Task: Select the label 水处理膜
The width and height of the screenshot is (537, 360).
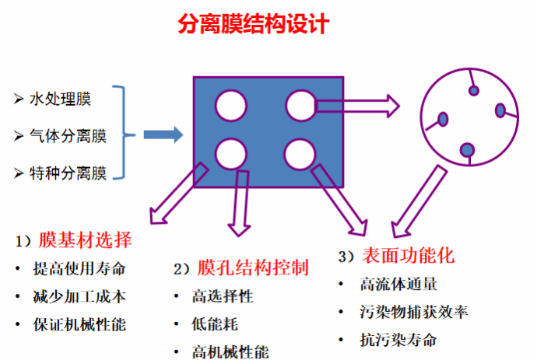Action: click(x=60, y=99)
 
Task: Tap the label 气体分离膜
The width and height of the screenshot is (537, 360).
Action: click(x=68, y=136)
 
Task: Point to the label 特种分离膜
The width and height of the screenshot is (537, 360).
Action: click(x=68, y=171)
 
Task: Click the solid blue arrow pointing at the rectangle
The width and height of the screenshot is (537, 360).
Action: click(x=163, y=135)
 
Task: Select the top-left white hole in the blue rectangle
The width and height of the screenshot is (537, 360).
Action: click(x=230, y=104)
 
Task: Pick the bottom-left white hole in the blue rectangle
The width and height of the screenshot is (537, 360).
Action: click(x=230, y=152)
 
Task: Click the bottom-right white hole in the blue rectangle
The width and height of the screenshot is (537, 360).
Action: click(x=300, y=152)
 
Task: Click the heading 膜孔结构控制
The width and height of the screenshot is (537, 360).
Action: click(x=253, y=268)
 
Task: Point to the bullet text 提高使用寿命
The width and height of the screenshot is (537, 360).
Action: click(x=78, y=269)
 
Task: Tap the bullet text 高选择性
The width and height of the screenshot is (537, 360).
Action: click(x=223, y=296)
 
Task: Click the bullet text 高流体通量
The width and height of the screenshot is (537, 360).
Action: click(x=397, y=285)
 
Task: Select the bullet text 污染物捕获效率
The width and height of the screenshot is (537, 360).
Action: click(x=413, y=313)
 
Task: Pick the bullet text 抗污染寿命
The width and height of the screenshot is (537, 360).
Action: click(x=397, y=340)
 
